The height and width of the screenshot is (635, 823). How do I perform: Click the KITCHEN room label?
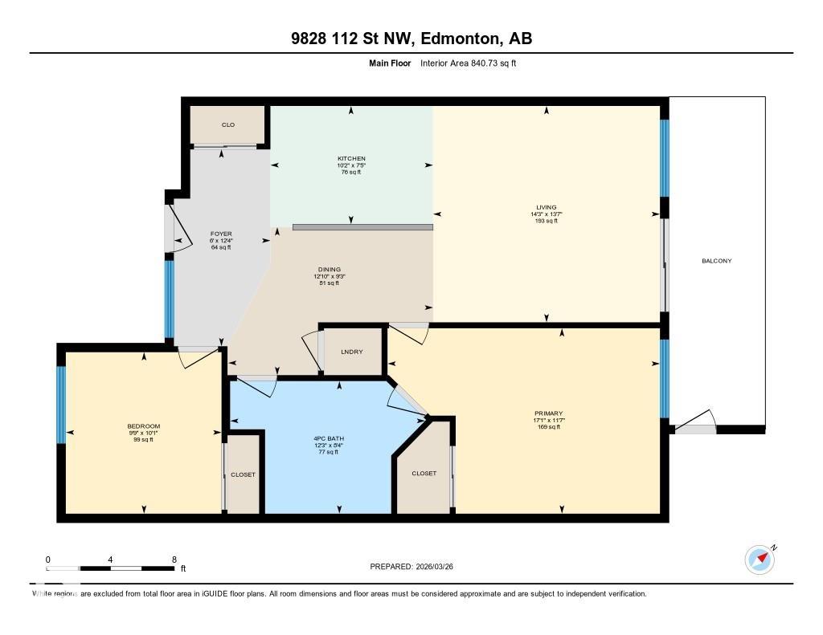tap(351, 159)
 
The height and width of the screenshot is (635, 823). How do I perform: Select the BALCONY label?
tap(716, 261)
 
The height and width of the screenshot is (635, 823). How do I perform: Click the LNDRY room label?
tap(351, 352)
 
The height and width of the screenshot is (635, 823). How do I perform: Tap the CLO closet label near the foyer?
tap(227, 125)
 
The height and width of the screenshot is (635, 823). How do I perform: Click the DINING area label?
tap(329, 270)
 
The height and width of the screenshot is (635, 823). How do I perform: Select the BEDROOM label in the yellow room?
tap(144, 426)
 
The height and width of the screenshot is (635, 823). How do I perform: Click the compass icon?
tap(759, 559)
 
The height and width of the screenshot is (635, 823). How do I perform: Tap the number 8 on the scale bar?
tap(174, 560)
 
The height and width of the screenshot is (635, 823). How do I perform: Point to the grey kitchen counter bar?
tap(362, 227)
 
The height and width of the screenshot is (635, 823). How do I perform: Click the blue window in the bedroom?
tap(60, 405)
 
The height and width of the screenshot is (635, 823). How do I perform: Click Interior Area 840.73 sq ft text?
tap(468, 63)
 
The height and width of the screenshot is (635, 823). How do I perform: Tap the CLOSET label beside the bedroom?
tap(243, 474)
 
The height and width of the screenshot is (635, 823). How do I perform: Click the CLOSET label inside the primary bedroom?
tap(424, 474)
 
